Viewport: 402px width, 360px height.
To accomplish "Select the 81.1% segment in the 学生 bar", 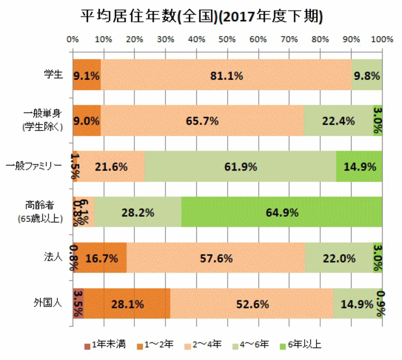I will [x=226, y=75].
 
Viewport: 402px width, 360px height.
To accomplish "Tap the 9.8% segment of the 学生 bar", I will [x=367, y=75].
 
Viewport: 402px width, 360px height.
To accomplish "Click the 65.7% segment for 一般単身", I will [x=202, y=121].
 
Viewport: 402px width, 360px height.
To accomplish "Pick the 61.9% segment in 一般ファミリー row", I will [x=240, y=167].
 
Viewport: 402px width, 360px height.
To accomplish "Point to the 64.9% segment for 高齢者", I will [x=281, y=212].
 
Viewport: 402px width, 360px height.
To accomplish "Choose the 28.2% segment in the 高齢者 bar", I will [x=137, y=212].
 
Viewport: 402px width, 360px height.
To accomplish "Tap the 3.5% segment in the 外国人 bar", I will [x=78, y=304].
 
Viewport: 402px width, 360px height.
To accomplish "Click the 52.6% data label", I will [x=252, y=304].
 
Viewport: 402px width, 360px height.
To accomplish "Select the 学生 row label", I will [x=53, y=75].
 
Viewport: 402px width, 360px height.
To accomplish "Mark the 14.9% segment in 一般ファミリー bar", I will [x=359, y=167].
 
